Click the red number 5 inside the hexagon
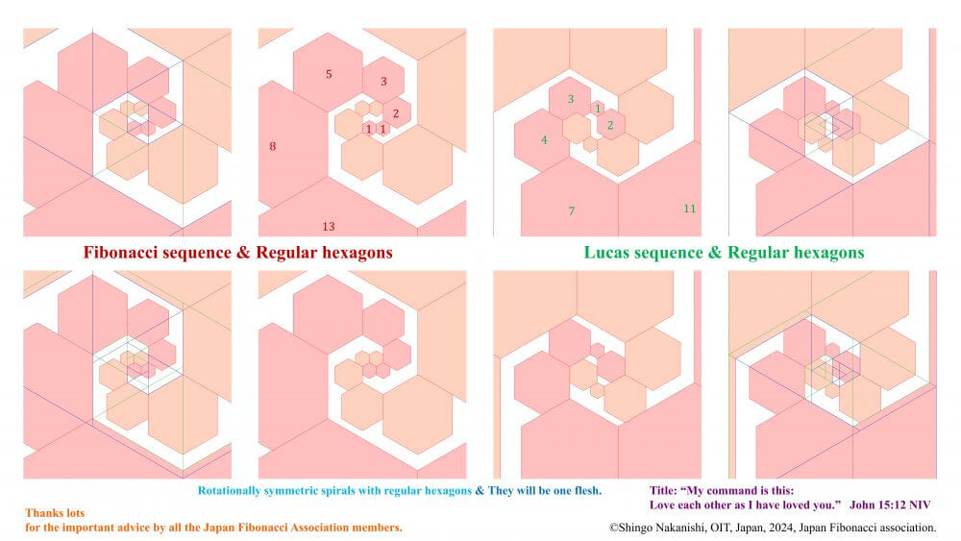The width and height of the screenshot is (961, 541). click(x=329, y=74)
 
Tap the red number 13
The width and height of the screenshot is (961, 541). click(x=329, y=227)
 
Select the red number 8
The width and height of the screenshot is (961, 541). click(x=273, y=146)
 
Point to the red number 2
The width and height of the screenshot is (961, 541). click(x=396, y=113)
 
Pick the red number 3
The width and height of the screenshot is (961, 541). click(x=383, y=81)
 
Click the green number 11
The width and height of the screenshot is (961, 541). click(x=689, y=209)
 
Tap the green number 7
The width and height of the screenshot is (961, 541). click(x=572, y=211)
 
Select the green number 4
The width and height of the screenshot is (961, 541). click(x=544, y=140)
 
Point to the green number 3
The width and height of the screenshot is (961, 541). click(x=571, y=99)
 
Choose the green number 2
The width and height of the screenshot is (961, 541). click(x=610, y=126)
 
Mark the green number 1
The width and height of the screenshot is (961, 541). click(x=598, y=109)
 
